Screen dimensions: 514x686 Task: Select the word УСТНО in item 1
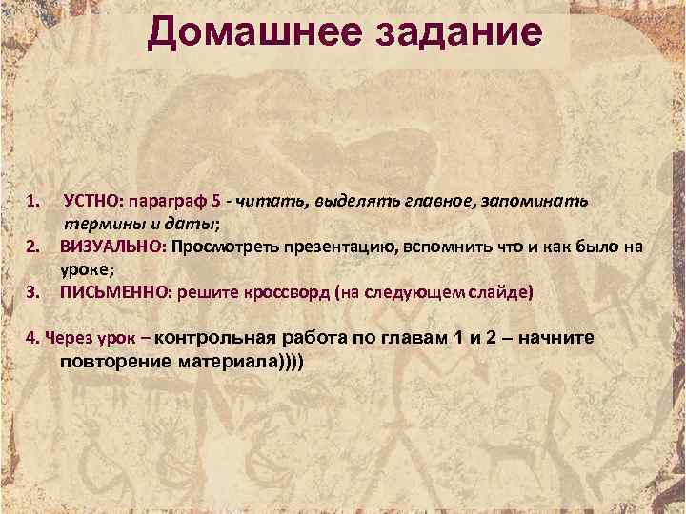[x=91, y=202]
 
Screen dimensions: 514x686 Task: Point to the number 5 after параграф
[x=218, y=202]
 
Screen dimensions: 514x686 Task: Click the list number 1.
[x=31, y=202]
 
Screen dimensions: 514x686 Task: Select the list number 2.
[x=31, y=247]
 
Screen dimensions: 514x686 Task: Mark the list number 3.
[x=31, y=291]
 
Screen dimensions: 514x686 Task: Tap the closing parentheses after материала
[x=286, y=362]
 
